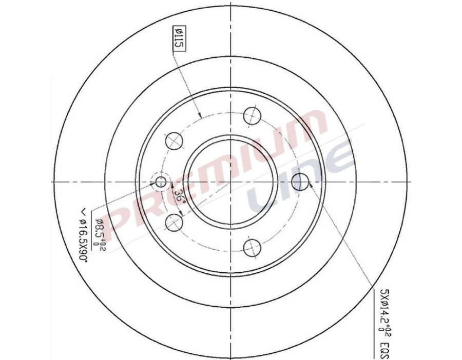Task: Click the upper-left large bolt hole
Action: coord(174,140)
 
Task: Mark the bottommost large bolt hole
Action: coord(252,247)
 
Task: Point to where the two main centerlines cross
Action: coord(231,182)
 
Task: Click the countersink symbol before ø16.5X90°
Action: coord(83,210)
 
